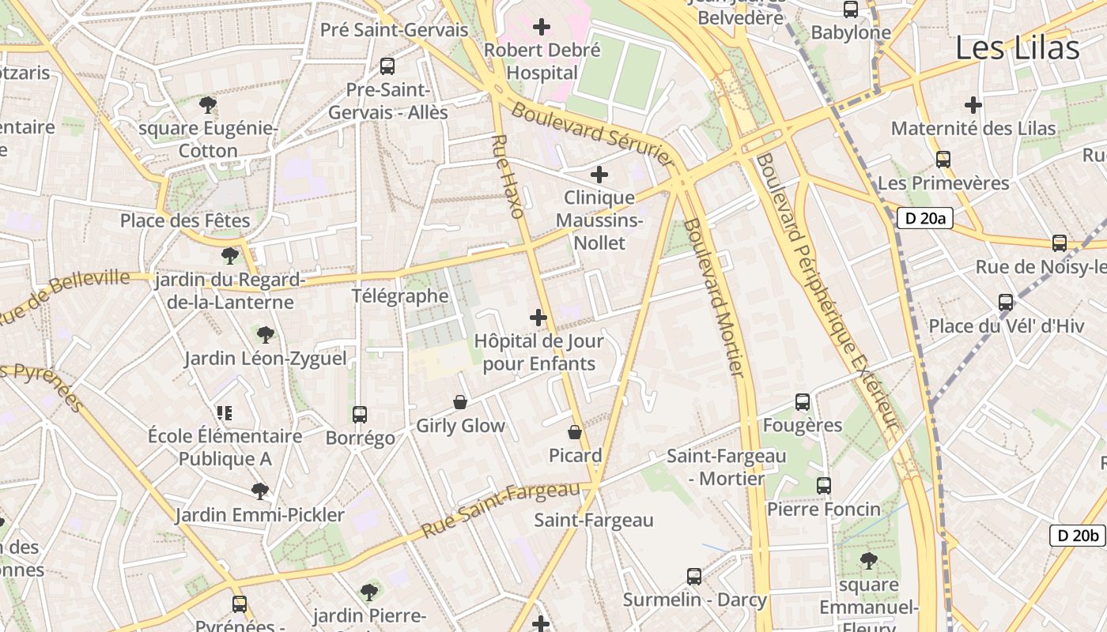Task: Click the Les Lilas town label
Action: tap(1017, 48)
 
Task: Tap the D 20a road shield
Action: tap(924, 218)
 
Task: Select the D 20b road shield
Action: tap(1077, 535)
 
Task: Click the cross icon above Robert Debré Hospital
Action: tap(542, 27)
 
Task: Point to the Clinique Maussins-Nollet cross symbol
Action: tap(599, 174)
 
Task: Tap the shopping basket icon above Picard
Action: tap(575, 432)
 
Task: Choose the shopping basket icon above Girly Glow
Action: tap(460, 402)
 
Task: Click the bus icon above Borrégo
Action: tap(360, 414)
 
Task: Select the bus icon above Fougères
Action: tap(803, 402)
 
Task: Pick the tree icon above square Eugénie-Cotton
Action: tap(208, 104)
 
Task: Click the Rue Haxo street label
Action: tap(508, 176)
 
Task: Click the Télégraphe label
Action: tap(400, 296)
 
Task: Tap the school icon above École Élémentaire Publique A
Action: tap(225, 412)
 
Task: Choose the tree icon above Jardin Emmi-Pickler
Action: tap(259, 491)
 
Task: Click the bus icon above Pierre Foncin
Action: tap(824, 486)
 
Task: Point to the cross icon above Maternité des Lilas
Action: tap(973, 104)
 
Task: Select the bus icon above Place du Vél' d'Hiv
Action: tap(1006, 303)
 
